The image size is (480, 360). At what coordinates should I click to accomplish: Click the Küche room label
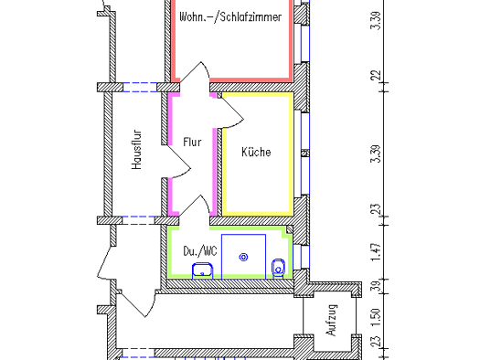click(256, 152)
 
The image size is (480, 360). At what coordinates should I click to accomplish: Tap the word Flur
click(192, 143)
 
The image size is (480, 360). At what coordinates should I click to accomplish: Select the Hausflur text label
click(137, 150)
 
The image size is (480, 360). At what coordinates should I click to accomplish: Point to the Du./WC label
click(200, 251)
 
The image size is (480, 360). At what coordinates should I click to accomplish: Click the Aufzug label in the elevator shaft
click(332, 320)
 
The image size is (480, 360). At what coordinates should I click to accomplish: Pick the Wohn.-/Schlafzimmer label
click(230, 16)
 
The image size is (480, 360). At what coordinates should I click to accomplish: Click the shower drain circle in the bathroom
click(243, 258)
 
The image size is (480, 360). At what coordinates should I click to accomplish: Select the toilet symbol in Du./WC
click(278, 269)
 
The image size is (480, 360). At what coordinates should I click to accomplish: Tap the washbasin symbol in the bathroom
click(202, 270)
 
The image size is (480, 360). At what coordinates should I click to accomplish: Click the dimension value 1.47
click(376, 252)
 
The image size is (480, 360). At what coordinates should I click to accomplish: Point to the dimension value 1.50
click(377, 318)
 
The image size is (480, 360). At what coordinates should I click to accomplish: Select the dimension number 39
click(377, 286)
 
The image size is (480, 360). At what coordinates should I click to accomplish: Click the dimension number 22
click(376, 75)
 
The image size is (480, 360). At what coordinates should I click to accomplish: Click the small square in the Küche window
click(305, 153)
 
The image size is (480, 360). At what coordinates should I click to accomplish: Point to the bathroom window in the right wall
click(301, 257)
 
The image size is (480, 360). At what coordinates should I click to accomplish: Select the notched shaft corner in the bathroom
click(287, 231)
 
